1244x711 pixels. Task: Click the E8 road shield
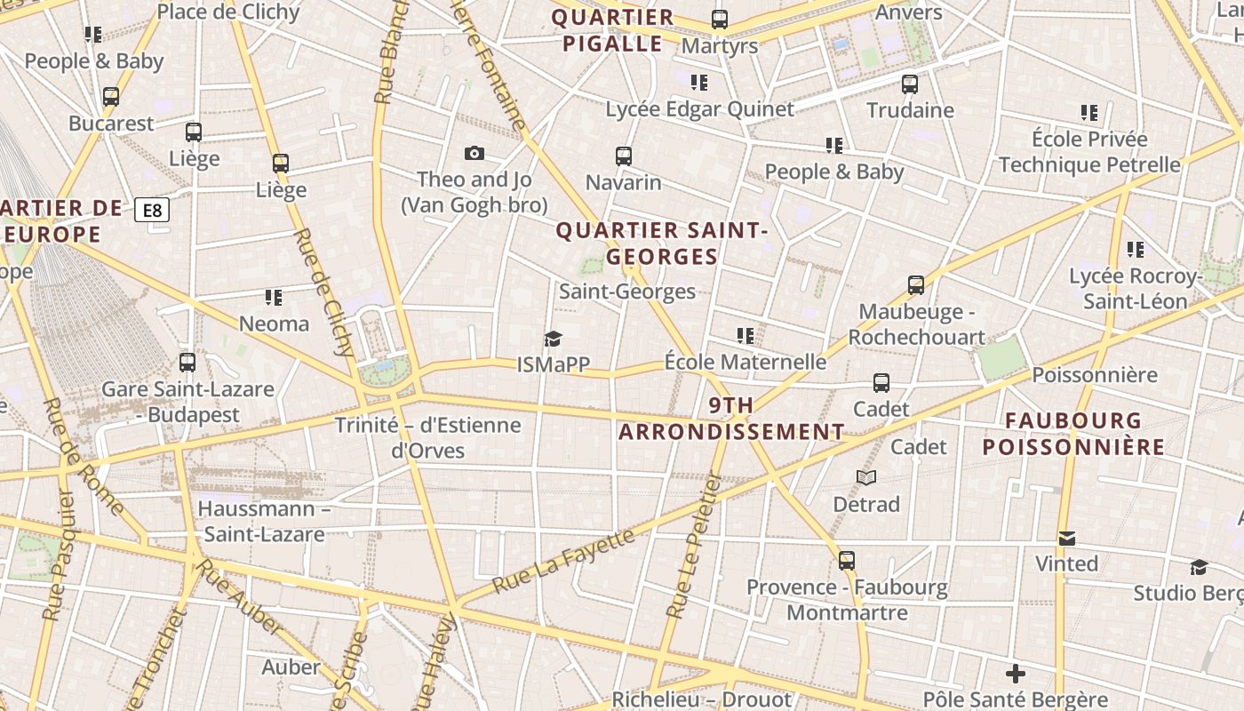click(152, 211)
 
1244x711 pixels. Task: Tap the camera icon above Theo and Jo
click(474, 153)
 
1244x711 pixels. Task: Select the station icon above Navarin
click(624, 156)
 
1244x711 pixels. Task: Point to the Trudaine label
click(910, 110)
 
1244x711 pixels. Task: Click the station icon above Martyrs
click(720, 20)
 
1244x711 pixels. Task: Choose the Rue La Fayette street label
click(563, 561)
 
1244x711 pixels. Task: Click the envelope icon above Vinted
click(1067, 539)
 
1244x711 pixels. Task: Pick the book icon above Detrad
click(866, 478)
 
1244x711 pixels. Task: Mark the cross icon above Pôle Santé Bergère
click(1016, 674)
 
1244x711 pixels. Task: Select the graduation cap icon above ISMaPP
click(553, 339)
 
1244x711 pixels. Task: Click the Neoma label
click(274, 324)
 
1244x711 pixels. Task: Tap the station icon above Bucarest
click(111, 97)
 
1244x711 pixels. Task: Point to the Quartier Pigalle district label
click(613, 31)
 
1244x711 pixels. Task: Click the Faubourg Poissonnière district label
click(1073, 433)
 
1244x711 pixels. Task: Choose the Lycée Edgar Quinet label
click(699, 109)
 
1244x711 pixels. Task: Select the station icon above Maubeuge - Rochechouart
click(916, 285)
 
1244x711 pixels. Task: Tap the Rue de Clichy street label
click(323, 292)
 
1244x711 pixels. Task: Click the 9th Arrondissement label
click(731, 419)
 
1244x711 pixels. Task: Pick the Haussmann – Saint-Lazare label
click(264, 522)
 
